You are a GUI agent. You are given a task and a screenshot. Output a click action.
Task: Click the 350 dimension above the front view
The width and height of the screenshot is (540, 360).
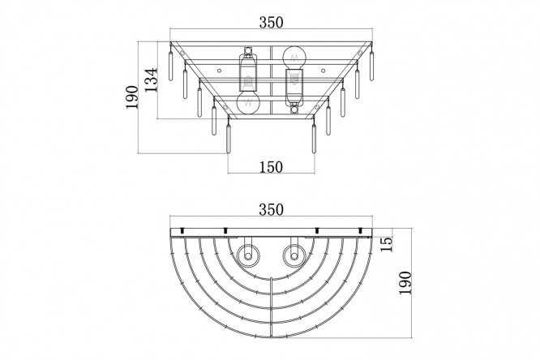[271, 23]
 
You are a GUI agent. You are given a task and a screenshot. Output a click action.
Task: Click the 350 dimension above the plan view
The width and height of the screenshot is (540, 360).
[271, 209]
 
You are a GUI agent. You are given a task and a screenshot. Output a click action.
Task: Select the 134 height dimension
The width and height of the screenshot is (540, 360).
[151, 80]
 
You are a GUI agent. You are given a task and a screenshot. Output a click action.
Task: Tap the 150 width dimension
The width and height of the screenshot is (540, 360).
[271, 167]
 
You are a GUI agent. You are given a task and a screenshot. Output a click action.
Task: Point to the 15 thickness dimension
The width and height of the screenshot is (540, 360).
[387, 244]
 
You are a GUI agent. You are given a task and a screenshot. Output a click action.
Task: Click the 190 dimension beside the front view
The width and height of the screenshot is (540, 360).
[131, 97]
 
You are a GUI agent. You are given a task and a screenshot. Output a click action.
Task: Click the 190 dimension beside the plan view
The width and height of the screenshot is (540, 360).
[405, 283]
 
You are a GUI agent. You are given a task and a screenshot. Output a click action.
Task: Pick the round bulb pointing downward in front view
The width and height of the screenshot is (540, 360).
[248, 102]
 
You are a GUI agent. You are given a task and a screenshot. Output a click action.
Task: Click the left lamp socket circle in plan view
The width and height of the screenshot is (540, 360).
[248, 256]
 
